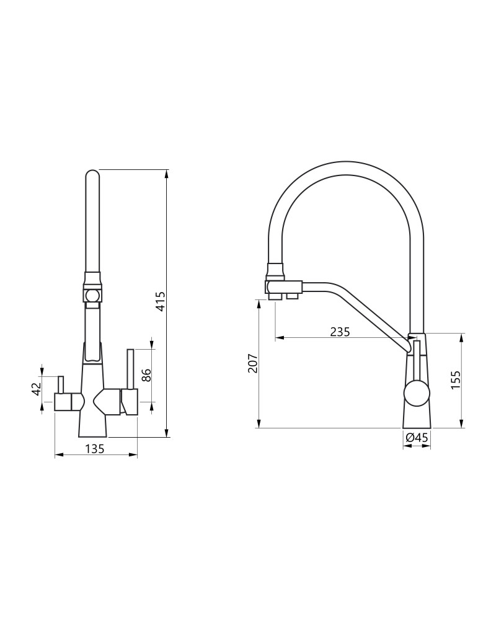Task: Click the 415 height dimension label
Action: [160, 301]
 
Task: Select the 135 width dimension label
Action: [94, 449]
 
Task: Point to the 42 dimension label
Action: [37, 389]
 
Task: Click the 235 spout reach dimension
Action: [340, 331]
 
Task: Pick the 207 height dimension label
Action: [253, 363]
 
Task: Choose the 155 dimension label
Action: [456, 380]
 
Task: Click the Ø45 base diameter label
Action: [417, 438]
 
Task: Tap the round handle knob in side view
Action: [417, 394]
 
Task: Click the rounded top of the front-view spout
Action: [92, 175]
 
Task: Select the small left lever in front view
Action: [61, 384]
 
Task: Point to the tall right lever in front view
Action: [130, 369]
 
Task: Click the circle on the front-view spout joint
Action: [92, 295]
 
